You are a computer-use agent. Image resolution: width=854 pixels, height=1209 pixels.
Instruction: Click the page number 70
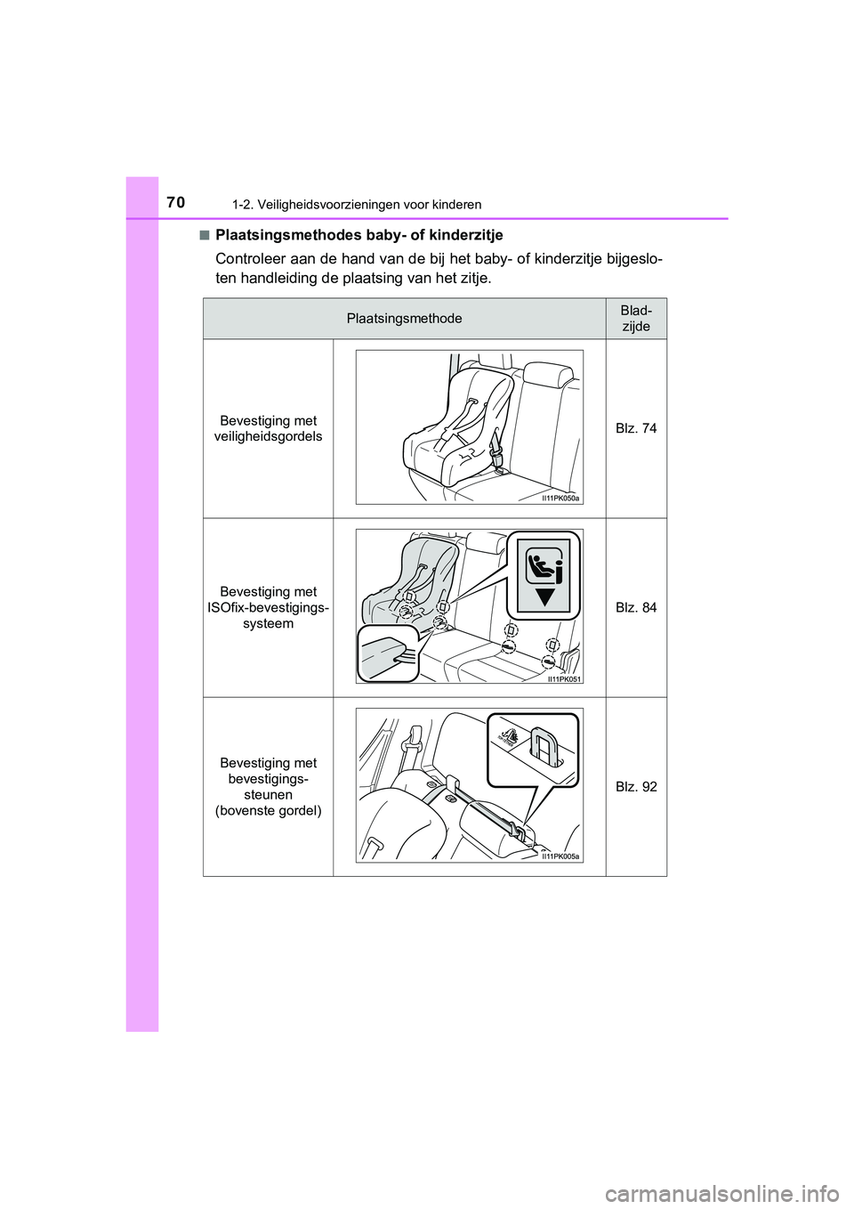coord(175,203)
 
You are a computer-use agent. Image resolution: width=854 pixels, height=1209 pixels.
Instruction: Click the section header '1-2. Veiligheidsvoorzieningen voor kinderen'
coord(357,205)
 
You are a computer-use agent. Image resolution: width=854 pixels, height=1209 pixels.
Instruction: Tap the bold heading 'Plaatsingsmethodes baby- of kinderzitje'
coord(359,235)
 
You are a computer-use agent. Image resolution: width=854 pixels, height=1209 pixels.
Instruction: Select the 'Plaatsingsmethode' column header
coord(404,319)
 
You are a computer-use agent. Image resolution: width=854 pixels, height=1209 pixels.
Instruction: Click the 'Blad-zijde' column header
coord(636,319)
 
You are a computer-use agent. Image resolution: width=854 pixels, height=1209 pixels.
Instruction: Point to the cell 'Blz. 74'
coord(636,428)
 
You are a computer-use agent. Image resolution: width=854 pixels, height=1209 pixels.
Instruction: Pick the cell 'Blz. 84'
coord(636,607)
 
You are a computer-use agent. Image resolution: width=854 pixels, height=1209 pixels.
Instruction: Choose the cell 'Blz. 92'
coord(636,786)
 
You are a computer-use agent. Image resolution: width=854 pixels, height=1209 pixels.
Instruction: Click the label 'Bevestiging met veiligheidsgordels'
coord(268,428)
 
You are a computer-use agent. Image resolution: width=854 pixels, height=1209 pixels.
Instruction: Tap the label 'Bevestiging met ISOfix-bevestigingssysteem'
coord(268,607)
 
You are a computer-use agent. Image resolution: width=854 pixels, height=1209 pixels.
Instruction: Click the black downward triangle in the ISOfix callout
coord(544,596)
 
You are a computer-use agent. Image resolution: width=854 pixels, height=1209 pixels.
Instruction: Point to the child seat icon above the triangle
coord(544,564)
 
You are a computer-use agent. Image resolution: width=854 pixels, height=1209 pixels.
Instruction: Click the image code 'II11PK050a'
coord(561,499)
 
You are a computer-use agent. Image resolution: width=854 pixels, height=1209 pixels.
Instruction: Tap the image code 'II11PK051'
coord(564,678)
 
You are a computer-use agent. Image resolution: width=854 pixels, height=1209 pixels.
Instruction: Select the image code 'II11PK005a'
coord(561,856)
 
